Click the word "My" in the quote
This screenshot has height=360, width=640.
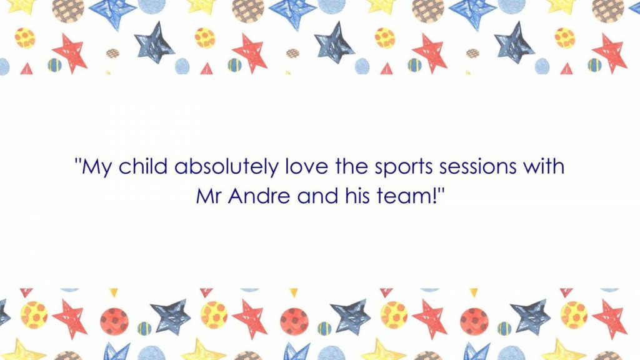click(x=96, y=168)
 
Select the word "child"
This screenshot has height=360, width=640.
click(x=143, y=166)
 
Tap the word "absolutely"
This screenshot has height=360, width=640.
click(x=226, y=167)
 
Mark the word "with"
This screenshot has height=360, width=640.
click(x=544, y=166)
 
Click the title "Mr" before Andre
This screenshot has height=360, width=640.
click(x=209, y=196)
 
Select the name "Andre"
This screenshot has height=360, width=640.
click(x=259, y=196)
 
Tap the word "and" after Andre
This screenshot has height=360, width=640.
click(x=318, y=196)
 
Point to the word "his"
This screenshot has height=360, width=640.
click(x=357, y=196)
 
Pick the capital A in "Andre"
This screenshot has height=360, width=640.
click(x=237, y=196)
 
